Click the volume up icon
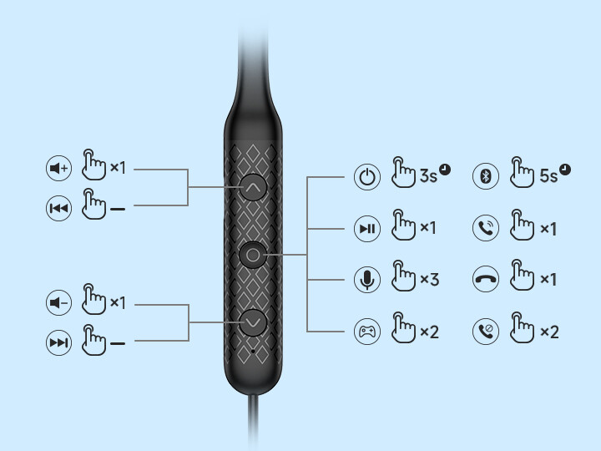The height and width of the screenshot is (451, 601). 58,169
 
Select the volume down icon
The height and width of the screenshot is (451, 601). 58,303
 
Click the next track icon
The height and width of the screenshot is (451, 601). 58,342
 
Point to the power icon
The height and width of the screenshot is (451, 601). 367,176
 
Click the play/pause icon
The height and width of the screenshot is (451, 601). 367,228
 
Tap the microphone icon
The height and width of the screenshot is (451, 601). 367,280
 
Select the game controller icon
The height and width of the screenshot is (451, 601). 367,332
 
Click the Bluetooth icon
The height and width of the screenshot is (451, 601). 486,176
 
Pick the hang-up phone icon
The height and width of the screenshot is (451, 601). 486,280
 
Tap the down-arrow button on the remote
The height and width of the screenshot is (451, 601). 253,322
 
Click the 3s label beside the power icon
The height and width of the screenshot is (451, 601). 428,176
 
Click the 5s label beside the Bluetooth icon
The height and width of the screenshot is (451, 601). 548,176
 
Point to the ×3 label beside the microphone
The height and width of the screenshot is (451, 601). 428,280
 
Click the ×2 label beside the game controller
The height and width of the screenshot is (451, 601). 428,332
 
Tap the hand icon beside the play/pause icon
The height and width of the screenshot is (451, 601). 403,225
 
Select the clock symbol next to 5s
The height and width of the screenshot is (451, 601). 565,170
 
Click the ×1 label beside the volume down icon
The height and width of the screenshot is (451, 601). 117,302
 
